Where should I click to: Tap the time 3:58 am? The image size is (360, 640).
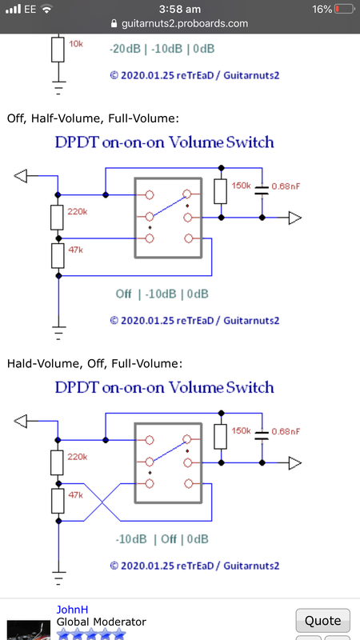pos(179,9)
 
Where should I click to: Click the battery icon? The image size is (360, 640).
pos(344,9)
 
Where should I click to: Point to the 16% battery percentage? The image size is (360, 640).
pos(322,9)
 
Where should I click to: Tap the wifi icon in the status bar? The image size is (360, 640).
pos(47,9)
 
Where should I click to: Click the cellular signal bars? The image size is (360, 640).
pos(13,9)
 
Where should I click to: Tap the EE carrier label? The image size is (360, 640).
pos(30,9)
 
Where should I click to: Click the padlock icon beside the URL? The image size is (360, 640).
pos(114,23)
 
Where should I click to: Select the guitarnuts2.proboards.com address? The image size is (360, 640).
pos(185,24)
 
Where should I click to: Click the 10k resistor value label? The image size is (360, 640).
pos(76,44)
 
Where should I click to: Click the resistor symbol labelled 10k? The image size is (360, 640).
pos(58,50)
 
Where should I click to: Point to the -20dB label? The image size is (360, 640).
pos(125,49)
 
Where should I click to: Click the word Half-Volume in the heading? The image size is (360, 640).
pos(67,118)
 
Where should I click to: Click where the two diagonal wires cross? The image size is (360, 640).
pos(102,502)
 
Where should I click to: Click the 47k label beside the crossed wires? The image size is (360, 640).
pos(76,494)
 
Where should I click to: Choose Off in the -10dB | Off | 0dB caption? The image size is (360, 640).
pos(169,538)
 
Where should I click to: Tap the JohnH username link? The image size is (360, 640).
pos(72,610)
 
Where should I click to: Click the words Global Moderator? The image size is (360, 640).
pos(102,622)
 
